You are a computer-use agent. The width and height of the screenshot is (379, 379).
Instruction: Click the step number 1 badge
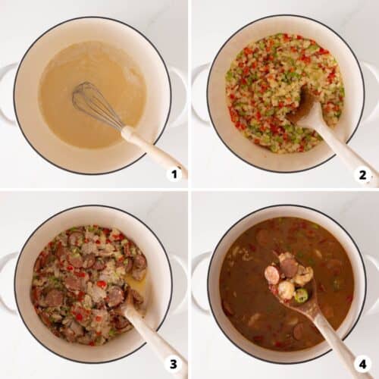tap(174, 174)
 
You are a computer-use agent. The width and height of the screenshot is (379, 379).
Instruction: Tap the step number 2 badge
tap(362, 174)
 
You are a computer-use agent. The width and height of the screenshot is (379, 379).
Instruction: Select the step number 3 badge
tap(174, 364)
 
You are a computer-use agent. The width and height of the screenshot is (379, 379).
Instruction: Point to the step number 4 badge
tap(362, 364)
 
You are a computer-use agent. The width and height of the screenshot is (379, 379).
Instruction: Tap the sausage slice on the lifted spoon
tap(288, 267)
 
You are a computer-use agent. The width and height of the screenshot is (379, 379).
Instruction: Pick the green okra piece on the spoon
tap(302, 295)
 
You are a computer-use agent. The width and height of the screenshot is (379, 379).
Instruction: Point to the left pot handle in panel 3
tap(6, 280)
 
